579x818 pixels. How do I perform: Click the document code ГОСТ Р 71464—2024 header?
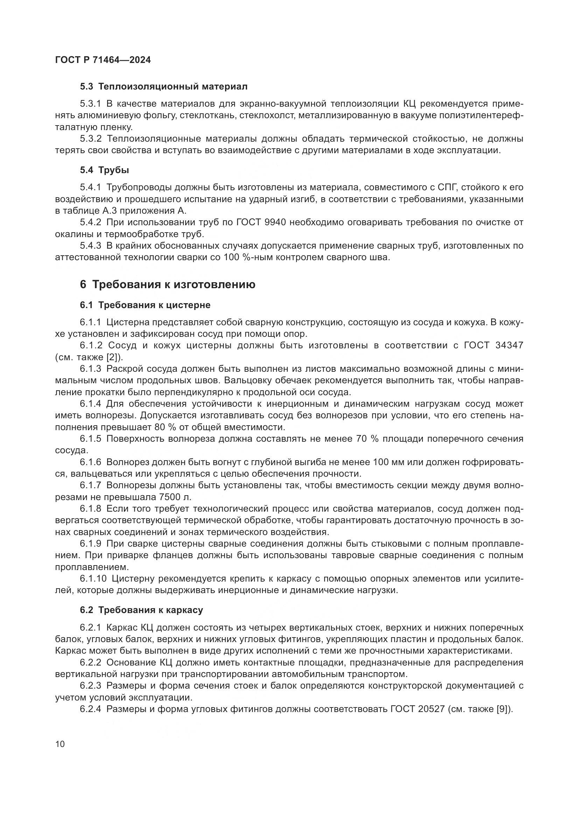103,60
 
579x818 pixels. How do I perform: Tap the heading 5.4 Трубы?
104,170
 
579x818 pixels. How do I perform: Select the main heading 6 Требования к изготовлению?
168,285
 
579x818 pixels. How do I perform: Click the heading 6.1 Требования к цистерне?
145,305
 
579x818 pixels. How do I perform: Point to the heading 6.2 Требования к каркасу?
141,610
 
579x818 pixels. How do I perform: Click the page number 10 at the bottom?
60,744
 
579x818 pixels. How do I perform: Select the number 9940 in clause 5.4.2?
275,223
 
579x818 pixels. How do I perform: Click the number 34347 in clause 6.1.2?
509,345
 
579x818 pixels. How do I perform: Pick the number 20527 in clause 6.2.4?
430,709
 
